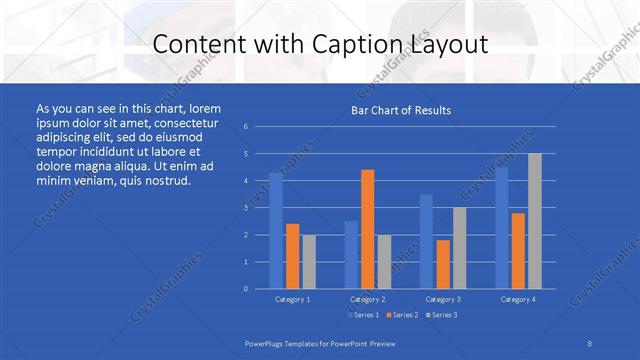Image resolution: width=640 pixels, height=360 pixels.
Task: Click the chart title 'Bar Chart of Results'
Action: (x=400, y=110)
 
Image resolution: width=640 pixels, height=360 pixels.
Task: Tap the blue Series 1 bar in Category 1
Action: (x=276, y=230)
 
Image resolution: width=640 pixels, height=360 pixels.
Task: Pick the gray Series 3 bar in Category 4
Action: (x=535, y=221)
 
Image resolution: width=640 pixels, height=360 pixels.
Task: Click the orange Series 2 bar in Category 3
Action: (x=443, y=264)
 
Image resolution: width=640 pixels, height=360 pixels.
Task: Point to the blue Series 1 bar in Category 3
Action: (x=426, y=241)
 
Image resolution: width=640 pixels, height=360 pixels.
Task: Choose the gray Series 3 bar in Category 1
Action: (x=309, y=261)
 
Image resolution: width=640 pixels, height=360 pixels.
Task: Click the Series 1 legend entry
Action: (x=363, y=315)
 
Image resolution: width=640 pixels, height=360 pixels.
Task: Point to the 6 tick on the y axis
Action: (x=246, y=127)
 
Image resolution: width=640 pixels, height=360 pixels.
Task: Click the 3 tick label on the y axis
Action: (x=246, y=208)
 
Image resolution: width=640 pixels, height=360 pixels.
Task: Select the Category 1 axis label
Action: (x=293, y=299)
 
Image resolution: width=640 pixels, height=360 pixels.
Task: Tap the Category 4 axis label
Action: (x=518, y=299)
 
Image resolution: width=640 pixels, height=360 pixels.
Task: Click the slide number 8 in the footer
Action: (x=589, y=343)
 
